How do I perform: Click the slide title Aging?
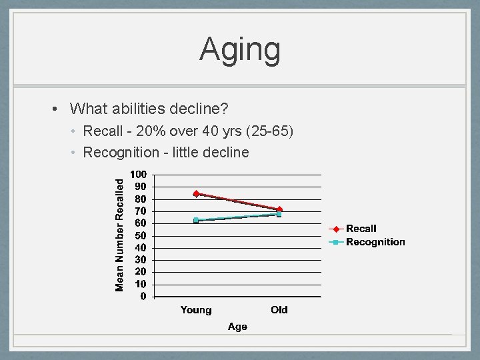[x=240, y=49]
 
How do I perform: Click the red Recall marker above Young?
[x=196, y=193]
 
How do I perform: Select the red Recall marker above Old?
[x=279, y=210]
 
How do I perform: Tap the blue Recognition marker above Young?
[x=196, y=220]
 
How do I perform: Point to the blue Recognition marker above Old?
[x=279, y=215]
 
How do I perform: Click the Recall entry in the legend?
[x=361, y=229]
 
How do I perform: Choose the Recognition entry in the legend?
[x=375, y=242]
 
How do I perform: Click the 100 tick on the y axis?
[x=138, y=175]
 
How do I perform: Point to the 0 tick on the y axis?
[x=143, y=297]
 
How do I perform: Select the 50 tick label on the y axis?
[x=140, y=235]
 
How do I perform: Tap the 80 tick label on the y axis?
[x=140, y=199]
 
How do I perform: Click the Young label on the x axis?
[x=196, y=310]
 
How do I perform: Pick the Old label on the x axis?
[x=279, y=310]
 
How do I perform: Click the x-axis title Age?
[x=237, y=327]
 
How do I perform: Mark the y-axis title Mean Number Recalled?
[x=120, y=234]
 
